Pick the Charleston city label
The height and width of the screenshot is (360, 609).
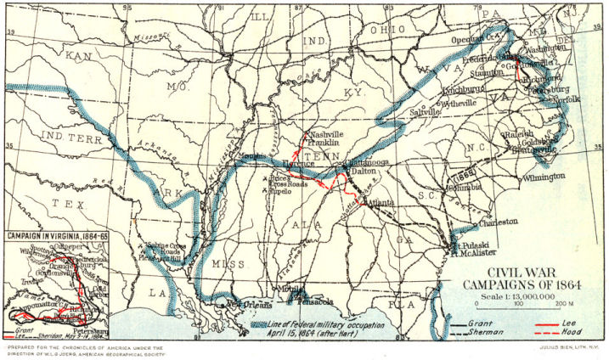(498, 222)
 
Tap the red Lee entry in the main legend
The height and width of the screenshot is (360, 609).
(571, 323)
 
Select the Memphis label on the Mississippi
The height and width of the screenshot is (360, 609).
(251, 157)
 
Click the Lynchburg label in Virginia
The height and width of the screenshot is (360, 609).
(464, 89)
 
